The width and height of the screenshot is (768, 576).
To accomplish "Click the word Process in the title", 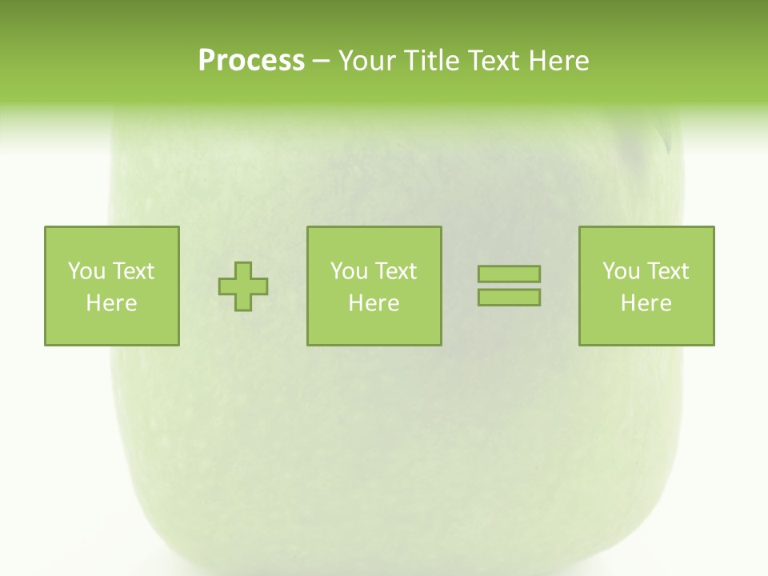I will coord(251,61).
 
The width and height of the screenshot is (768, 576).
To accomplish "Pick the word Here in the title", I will coord(559,61).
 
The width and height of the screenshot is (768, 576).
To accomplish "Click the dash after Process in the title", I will coord(321,62).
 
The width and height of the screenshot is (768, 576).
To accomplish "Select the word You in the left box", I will coord(85,271).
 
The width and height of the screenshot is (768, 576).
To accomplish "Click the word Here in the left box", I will coord(111,303).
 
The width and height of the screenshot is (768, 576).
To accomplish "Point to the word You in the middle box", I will coord(348,271).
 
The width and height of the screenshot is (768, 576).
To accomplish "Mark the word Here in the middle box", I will coord(374,303).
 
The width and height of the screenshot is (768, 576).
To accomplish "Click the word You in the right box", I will coord(620,271).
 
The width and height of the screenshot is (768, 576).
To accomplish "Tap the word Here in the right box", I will coord(646,303).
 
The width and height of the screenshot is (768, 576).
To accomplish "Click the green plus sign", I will coord(243,286).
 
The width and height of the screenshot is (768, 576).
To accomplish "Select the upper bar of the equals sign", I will coord(509,274).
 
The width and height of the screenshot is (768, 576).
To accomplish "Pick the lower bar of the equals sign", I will coord(509,298).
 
